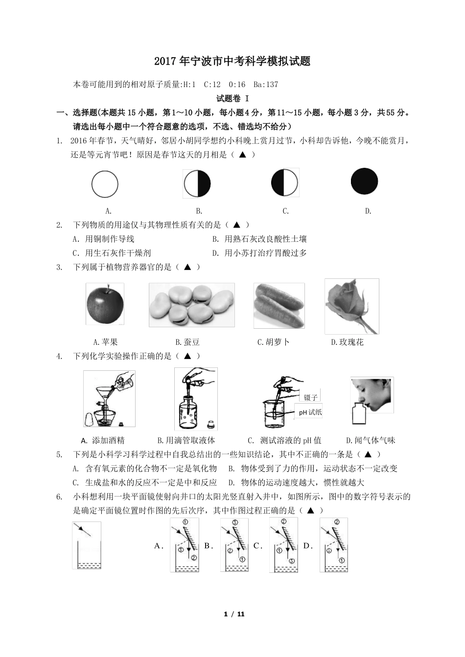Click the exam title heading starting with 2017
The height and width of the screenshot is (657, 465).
[232, 62]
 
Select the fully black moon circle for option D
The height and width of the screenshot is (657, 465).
[364, 181]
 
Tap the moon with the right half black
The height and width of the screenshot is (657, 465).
[197, 184]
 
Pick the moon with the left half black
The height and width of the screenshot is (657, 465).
[285, 182]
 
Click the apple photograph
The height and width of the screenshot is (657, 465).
[105, 304]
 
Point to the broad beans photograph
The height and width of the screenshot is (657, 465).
[192, 305]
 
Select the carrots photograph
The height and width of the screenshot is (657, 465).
[279, 306]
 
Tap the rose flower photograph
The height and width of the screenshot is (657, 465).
[351, 306]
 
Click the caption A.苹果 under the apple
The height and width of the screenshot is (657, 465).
[105, 342]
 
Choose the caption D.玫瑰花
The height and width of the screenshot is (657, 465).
[347, 342]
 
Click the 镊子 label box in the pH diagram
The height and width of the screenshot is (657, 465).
[310, 397]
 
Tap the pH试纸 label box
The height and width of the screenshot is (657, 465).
[310, 412]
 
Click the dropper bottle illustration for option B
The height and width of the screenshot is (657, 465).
[196, 399]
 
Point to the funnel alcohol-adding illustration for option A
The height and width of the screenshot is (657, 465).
[109, 399]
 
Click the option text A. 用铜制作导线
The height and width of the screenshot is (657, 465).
[103, 239]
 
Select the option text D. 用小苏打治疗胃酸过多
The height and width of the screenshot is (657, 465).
[259, 253]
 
